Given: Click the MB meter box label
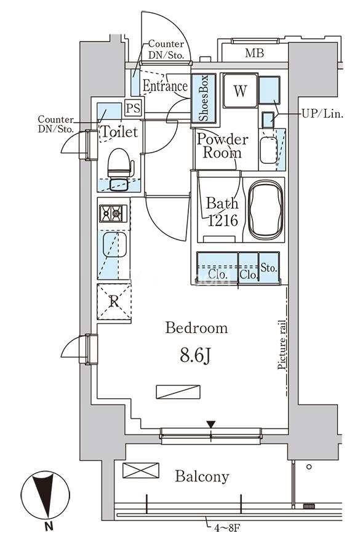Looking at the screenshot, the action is [254, 54].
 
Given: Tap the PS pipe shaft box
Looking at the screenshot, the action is [134, 108].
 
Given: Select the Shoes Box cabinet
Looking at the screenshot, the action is [204, 98].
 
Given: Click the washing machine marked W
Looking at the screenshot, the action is [240, 90].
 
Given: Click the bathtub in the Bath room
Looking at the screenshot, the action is [266, 211].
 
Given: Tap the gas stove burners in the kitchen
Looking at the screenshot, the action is [113, 214].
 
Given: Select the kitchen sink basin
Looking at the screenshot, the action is [114, 245].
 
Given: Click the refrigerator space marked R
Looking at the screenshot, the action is [114, 302].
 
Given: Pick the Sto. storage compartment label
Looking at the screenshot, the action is [269, 268].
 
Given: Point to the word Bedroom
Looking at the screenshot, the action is [196, 328].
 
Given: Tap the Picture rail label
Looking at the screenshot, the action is [282, 345].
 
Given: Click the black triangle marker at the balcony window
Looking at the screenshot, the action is [211, 424].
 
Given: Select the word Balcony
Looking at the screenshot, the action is [202, 477].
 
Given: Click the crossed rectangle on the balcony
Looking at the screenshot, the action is [140, 470].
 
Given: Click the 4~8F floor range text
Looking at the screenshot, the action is [227, 529].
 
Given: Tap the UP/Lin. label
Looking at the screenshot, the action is [322, 114].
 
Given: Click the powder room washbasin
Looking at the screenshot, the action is [268, 150].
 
